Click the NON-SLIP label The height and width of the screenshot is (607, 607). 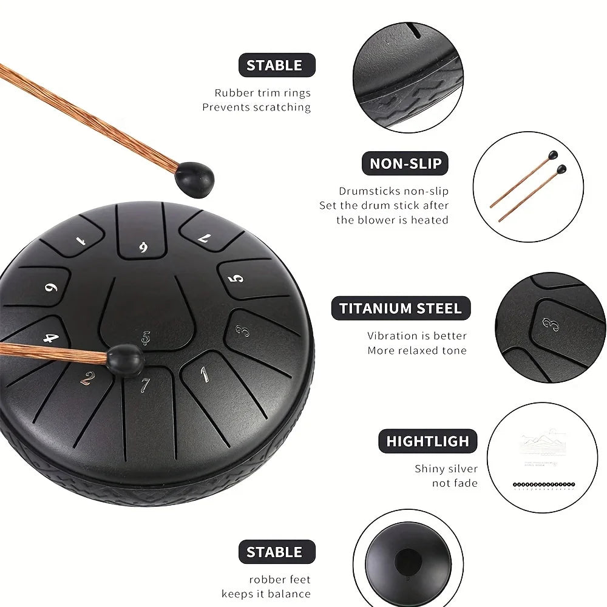pos(405,163)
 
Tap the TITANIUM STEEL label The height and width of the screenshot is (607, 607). pos(401,308)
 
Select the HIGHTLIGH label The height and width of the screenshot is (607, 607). pos(428,441)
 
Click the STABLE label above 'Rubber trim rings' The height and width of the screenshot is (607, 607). pos(274,66)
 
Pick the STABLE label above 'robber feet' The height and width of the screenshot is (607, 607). pos(274,552)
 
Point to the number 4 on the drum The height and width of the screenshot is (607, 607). pos(51,337)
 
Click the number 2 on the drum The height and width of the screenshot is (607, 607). pos(88,379)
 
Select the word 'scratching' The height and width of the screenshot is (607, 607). pos(282,107)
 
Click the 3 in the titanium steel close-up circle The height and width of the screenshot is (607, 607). pos(549,324)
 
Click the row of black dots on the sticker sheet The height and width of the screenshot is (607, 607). pos(543,484)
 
